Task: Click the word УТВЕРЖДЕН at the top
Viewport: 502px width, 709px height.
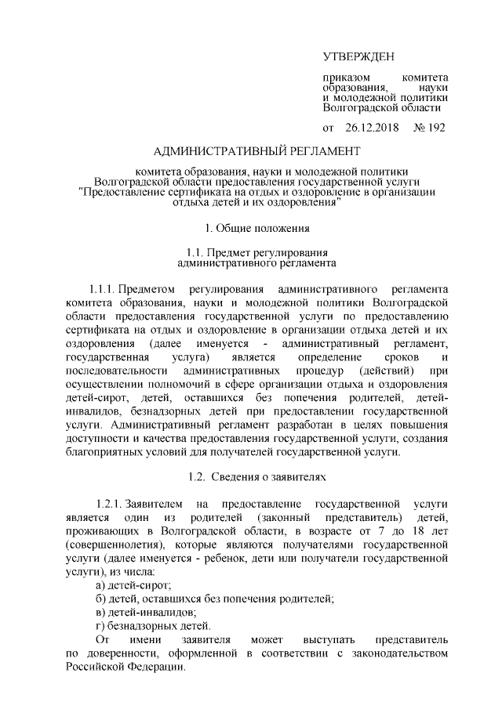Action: point(359,56)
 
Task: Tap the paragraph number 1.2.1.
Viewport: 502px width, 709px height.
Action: point(109,501)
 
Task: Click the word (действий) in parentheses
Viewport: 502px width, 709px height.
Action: point(383,369)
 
